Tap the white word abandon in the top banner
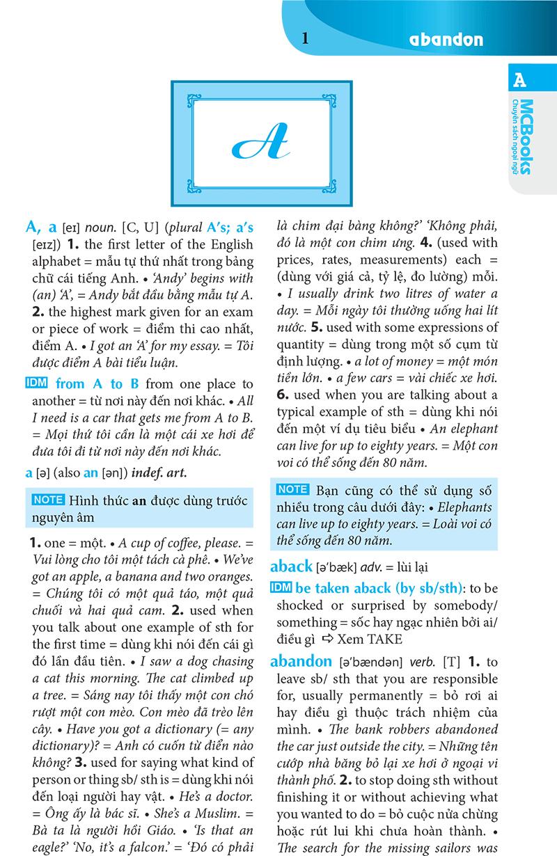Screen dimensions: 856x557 [x=446, y=39]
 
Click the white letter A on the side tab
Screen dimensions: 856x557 [x=519, y=80]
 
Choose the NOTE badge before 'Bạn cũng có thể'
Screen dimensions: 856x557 [x=292, y=489]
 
